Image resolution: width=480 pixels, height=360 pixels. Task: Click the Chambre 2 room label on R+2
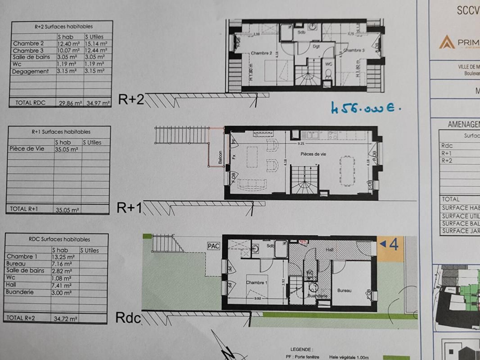click(261, 53)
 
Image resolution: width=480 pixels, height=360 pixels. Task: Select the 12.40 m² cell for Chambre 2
click(69, 44)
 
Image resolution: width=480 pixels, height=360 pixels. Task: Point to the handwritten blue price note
click(365, 108)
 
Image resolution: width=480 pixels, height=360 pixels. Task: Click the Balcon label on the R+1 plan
click(220, 156)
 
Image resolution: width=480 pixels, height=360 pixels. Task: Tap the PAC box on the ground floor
click(213, 246)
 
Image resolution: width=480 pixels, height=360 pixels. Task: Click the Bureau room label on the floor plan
click(344, 291)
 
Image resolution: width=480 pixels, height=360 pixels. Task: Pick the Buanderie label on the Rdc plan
click(318, 296)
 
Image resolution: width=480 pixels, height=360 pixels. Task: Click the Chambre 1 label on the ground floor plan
click(257, 283)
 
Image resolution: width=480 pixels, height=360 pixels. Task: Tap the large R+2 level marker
click(131, 99)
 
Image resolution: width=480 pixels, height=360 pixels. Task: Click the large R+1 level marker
click(130, 207)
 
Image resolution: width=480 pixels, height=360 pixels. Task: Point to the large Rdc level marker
click(128, 318)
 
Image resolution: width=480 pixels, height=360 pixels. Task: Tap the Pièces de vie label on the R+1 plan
click(314, 154)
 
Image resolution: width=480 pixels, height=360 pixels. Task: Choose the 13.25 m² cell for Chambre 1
click(62, 257)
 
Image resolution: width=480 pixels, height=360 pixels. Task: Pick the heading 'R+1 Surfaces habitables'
click(61, 132)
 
